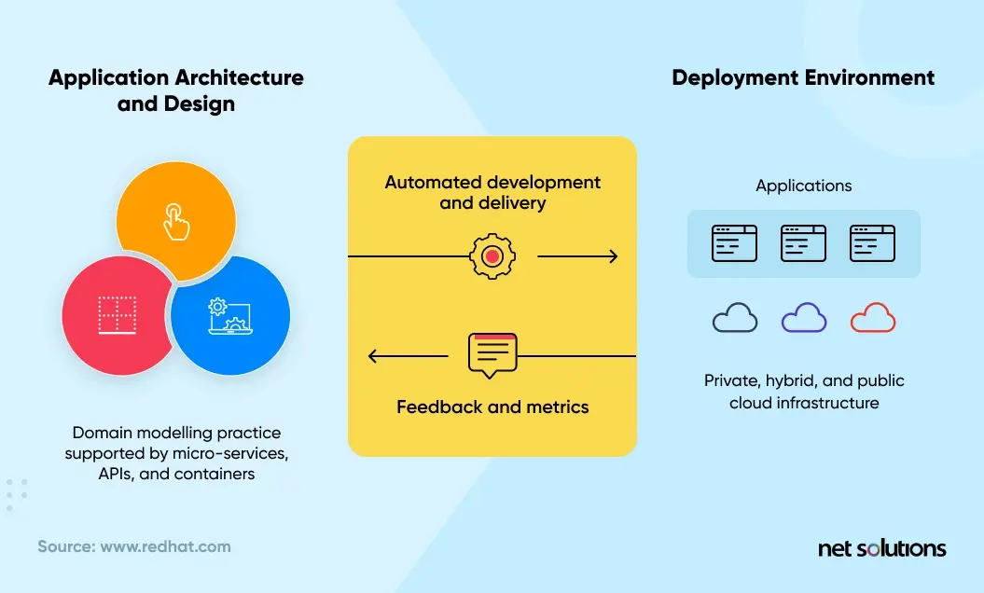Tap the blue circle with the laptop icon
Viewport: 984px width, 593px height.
[x=229, y=315]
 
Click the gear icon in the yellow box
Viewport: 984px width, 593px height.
[x=492, y=256]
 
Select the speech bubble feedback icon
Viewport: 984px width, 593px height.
[x=492, y=354]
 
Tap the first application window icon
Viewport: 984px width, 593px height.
[x=735, y=243]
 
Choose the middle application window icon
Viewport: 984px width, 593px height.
[x=803, y=243]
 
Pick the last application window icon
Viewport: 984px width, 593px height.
[x=872, y=243]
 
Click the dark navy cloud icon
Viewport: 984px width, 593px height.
[x=735, y=318]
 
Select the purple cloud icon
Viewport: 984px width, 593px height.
[x=803, y=318]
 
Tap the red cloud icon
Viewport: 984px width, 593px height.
[x=872, y=318]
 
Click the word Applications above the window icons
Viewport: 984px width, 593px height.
[x=803, y=186]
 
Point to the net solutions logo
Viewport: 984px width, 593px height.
[x=881, y=548]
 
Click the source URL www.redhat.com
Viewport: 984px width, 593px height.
[x=165, y=546]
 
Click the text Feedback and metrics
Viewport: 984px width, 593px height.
[x=492, y=407]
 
